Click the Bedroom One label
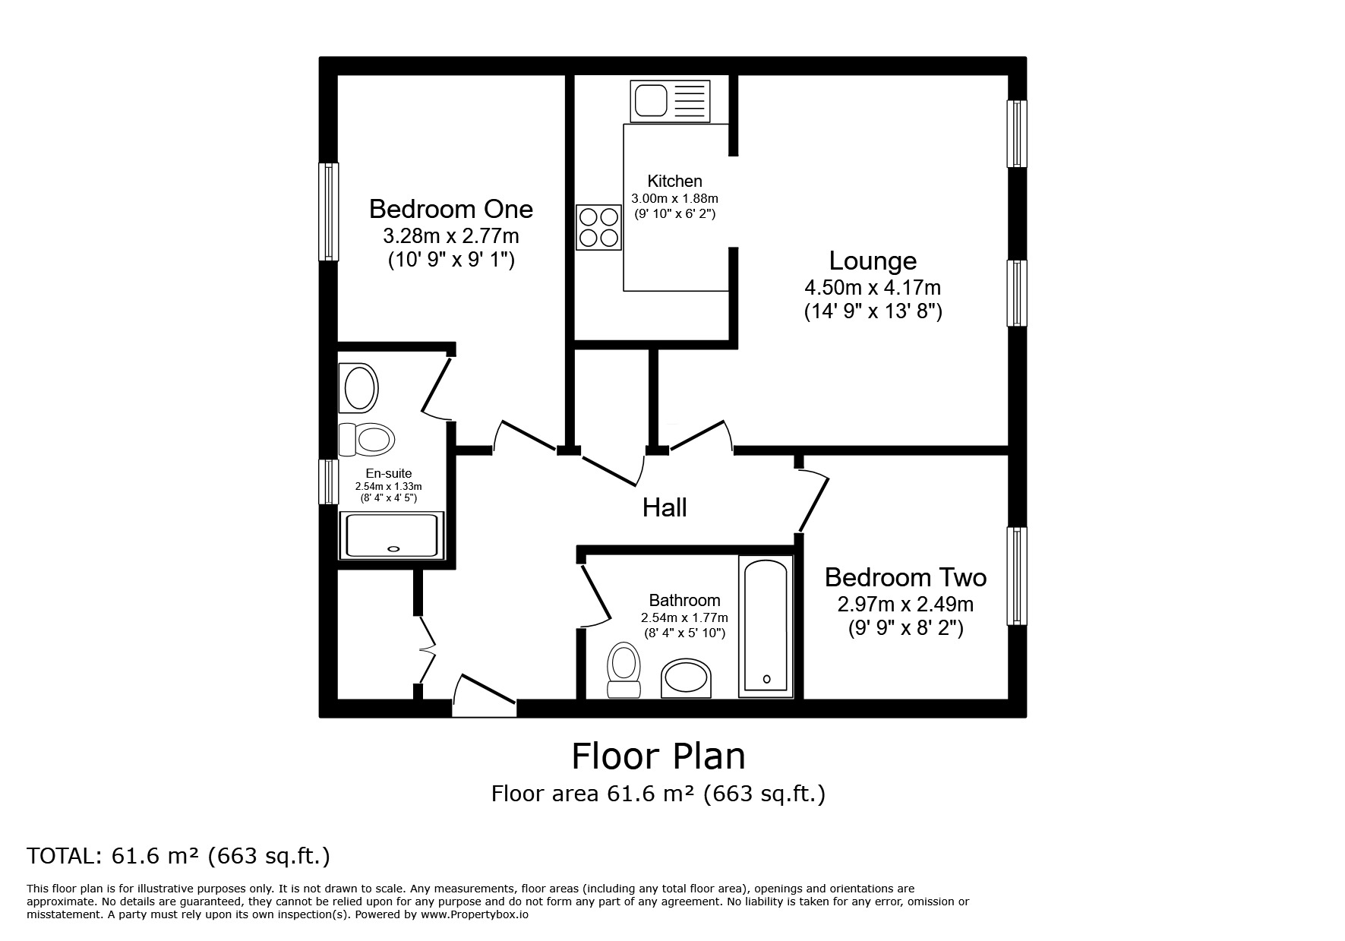click(450, 209)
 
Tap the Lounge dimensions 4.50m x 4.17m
click(872, 288)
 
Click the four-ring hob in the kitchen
click(598, 227)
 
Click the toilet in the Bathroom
click(624, 668)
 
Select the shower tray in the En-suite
click(392, 535)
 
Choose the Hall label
click(665, 507)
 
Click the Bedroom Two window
click(1016, 576)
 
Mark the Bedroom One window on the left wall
click(328, 212)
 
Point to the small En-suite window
click(327, 482)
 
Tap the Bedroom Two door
click(813, 501)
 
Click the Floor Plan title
click(658, 756)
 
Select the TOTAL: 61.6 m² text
click(178, 856)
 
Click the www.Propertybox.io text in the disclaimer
click(475, 915)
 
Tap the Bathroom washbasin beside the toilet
click(687, 678)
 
